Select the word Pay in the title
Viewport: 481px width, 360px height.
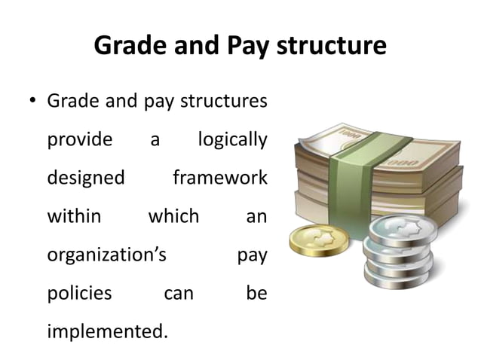point(247,47)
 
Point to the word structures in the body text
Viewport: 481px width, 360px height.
point(224,101)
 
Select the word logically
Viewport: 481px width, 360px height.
point(232,140)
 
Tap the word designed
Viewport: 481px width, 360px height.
point(86,178)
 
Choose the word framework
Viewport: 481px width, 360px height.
point(219,178)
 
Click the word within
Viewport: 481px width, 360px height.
point(74,217)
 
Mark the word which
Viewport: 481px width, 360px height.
point(173,217)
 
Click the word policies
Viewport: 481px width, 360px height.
point(79,293)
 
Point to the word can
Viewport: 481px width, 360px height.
point(179,293)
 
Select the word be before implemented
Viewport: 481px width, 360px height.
point(256,293)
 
